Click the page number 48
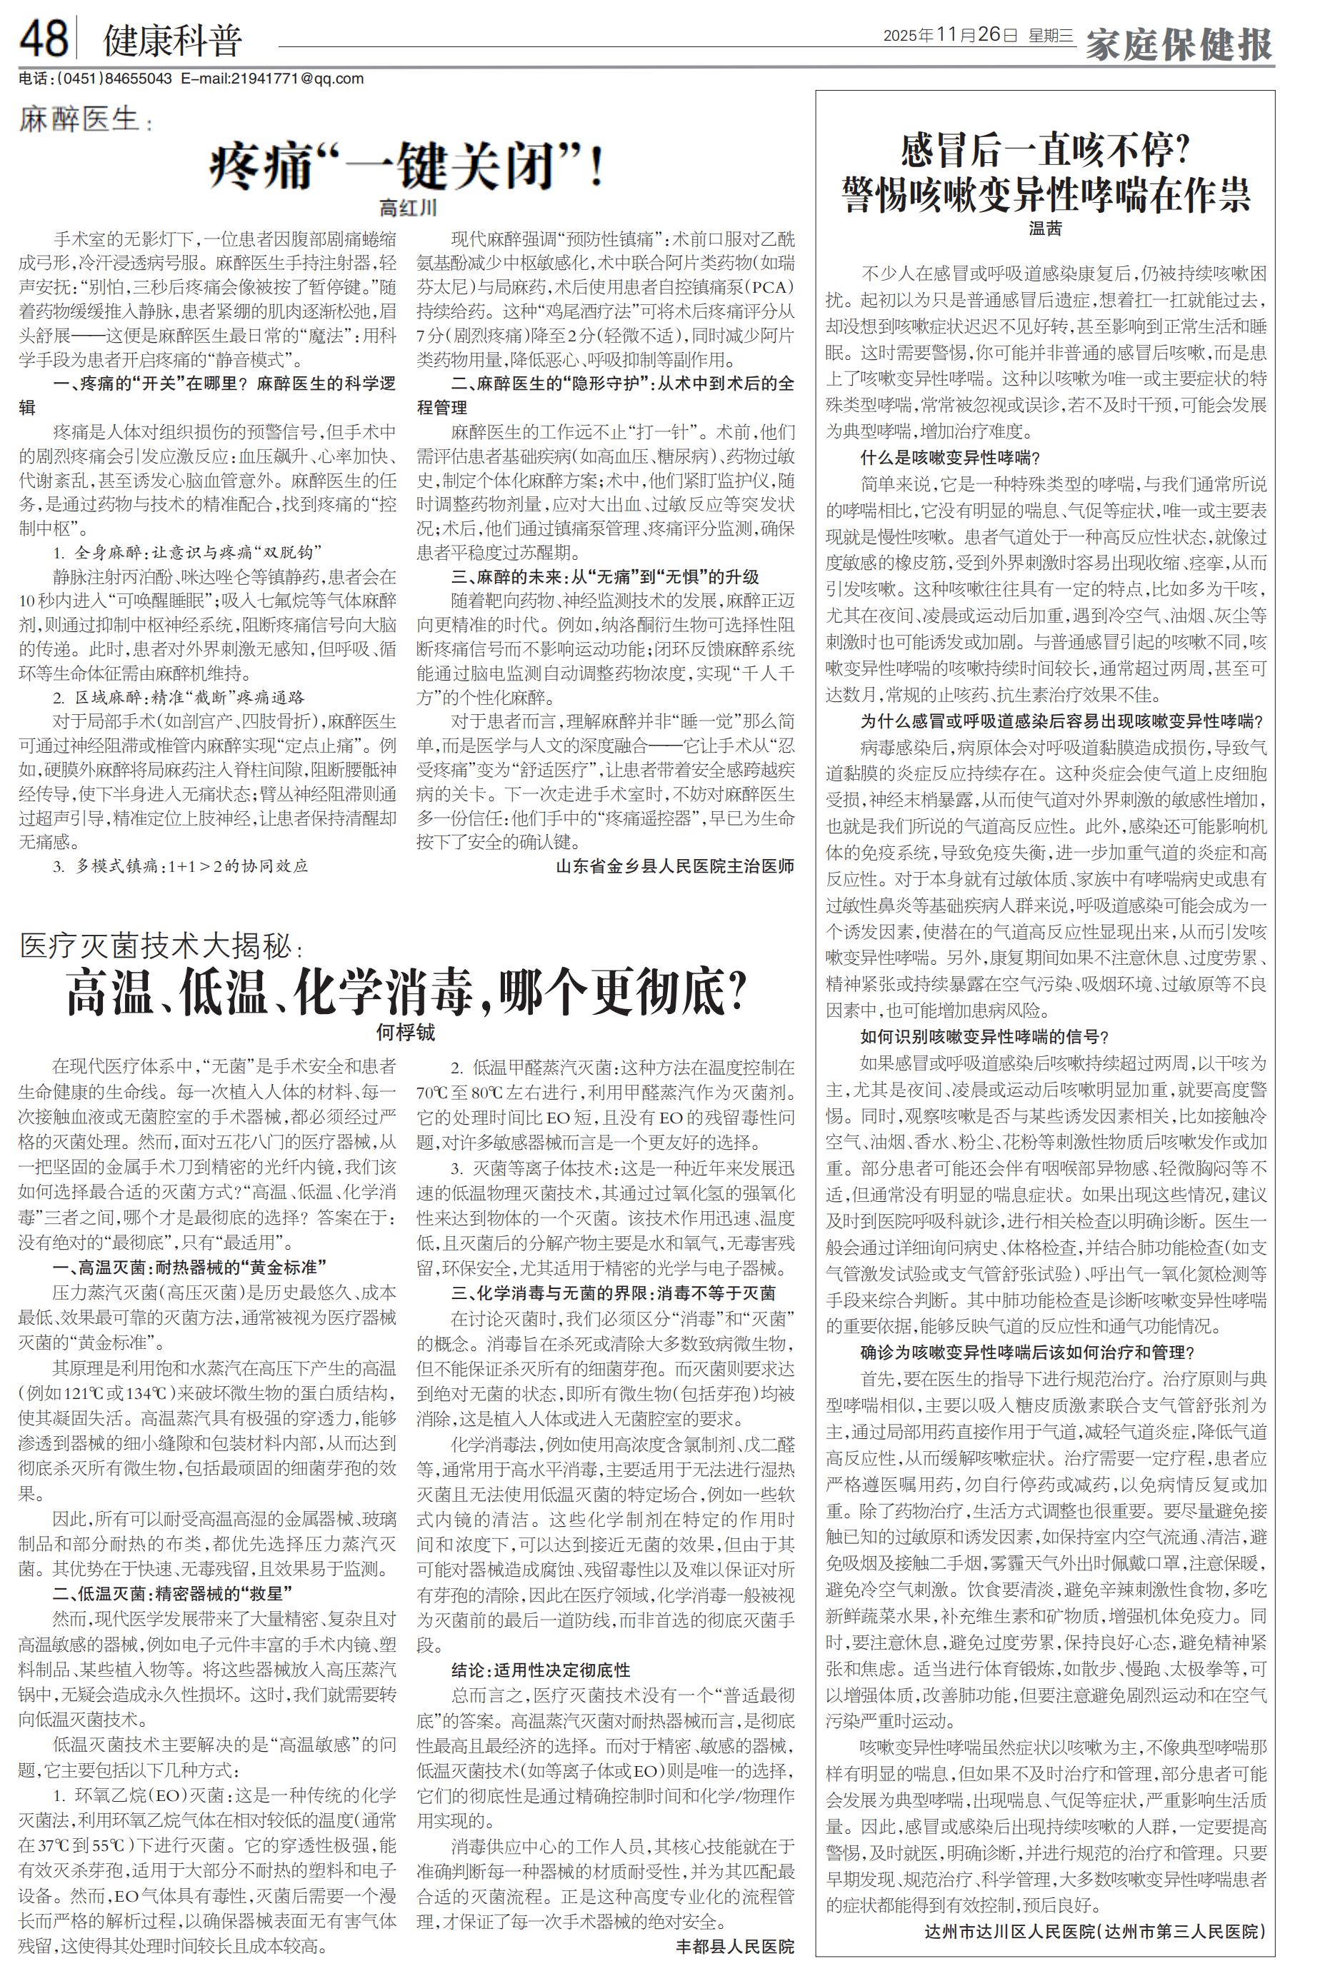tap(44, 38)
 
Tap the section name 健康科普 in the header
tap(172, 40)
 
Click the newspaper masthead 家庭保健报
tap(1179, 42)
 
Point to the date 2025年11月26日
tap(950, 35)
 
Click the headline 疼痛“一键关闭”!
tap(407, 166)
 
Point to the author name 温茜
tap(1045, 227)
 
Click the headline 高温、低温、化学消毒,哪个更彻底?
tap(407, 993)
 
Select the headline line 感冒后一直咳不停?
tap(1045, 153)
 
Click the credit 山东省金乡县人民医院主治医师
tap(675, 866)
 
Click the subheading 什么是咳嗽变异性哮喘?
tap(950, 458)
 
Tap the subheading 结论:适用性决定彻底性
tap(540, 1670)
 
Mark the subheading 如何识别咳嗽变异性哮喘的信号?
tap(985, 1036)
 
